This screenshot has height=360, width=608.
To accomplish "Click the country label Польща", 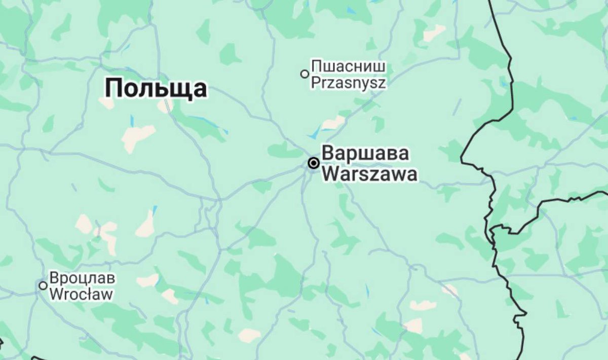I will [156, 89].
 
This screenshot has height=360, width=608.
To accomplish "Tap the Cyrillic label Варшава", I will [365, 153].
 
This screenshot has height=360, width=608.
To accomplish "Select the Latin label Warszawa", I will [370, 174].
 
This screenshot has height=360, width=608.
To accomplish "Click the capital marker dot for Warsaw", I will [314, 163].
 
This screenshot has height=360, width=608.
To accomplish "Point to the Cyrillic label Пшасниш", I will [348, 66].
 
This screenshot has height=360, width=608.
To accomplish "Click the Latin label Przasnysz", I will [348, 82].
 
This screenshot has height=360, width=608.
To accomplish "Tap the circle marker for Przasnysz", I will [305, 74].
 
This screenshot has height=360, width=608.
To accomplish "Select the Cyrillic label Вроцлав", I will [82, 278].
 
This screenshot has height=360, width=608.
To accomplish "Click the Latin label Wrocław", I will [82, 294].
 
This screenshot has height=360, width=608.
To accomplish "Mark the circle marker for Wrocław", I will [43, 285].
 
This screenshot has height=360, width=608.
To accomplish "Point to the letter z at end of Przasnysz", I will [382, 83].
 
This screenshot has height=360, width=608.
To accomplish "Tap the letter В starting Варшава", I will [328, 153].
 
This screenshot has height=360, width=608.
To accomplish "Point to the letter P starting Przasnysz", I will [315, 82].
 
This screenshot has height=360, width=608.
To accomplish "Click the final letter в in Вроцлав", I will [111, 279].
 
